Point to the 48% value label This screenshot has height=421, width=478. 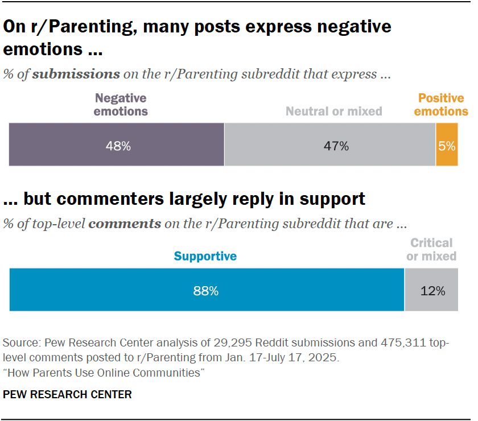(118, 146)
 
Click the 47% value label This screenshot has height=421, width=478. (336, 146)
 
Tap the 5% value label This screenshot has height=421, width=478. (447, 146)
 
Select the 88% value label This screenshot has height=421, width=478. (205, 291)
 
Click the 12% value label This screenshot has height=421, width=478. (433, 291)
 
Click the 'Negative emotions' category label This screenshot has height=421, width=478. (121, 105)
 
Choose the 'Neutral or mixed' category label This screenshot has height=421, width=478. (333, 112)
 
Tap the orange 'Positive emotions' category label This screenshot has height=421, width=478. (441, 105)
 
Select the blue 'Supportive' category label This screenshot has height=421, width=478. (205, 256)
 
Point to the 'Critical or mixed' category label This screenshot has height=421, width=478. (431, 250)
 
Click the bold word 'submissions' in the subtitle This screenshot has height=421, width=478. (76, 74)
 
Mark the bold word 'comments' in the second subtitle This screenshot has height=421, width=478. (125, 224)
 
